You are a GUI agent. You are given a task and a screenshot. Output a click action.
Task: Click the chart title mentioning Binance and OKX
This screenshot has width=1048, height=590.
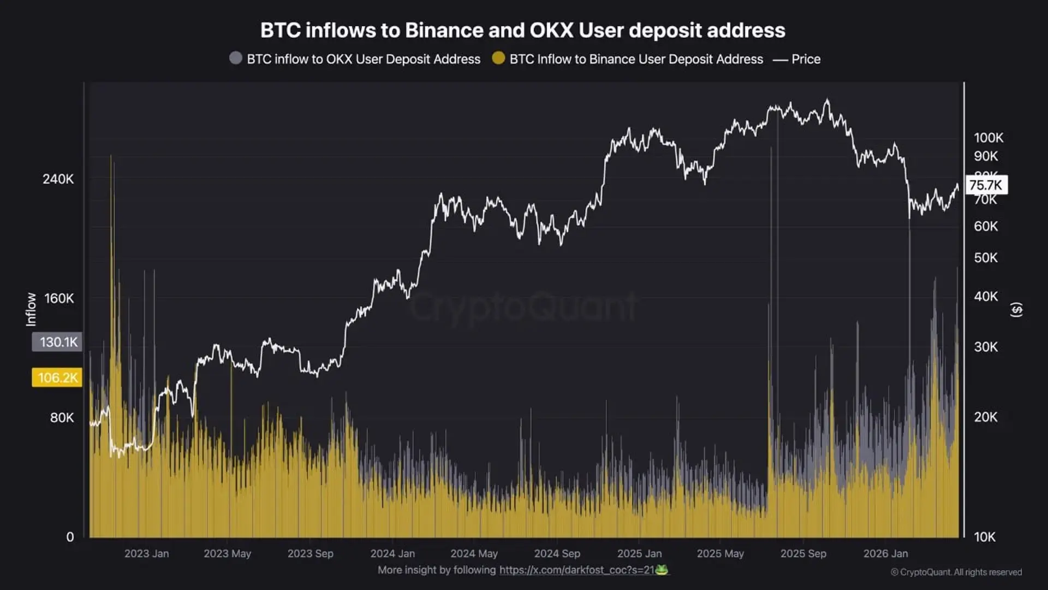[x=522, y=31]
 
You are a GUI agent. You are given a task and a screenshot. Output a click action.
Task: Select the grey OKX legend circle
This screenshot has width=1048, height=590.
[x=236, y=58]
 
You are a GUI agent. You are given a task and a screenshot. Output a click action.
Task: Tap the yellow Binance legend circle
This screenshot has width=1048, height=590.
[x=498, y=58]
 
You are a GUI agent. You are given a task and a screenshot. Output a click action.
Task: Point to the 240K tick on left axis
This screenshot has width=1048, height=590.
[x=58, y=179]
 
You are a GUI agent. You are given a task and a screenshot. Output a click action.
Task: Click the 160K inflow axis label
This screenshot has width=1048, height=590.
[x=58, y=298]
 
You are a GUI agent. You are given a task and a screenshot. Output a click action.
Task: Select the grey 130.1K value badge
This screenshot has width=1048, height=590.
[x=57, y=342]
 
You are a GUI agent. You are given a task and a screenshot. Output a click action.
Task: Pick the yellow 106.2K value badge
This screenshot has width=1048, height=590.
[x=57, y=377]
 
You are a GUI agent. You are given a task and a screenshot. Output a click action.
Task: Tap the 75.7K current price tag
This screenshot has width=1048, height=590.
[x=986, y=185]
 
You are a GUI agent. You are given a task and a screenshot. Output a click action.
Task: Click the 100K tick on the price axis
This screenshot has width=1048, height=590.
[x=988, y=138]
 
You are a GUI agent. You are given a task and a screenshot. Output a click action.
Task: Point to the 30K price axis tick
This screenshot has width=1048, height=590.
[x=985, y=347]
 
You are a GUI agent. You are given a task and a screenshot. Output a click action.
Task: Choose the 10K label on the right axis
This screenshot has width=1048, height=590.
[x=984, y=537]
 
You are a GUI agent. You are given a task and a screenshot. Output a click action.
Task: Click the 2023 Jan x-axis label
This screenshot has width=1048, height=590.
[x=146, y=553]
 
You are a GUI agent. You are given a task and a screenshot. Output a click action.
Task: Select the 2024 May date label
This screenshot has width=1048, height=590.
[x=474, y=553]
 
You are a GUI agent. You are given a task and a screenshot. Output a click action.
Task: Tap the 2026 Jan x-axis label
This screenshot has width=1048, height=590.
[x=885, y=553]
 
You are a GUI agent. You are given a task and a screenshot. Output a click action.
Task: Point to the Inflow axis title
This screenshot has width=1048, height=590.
[x=31, y=309]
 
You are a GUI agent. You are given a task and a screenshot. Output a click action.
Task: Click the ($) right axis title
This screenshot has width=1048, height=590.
[x=1016, y=310]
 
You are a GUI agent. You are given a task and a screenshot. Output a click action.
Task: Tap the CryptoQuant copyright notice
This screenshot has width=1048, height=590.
[x=956, y=572]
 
